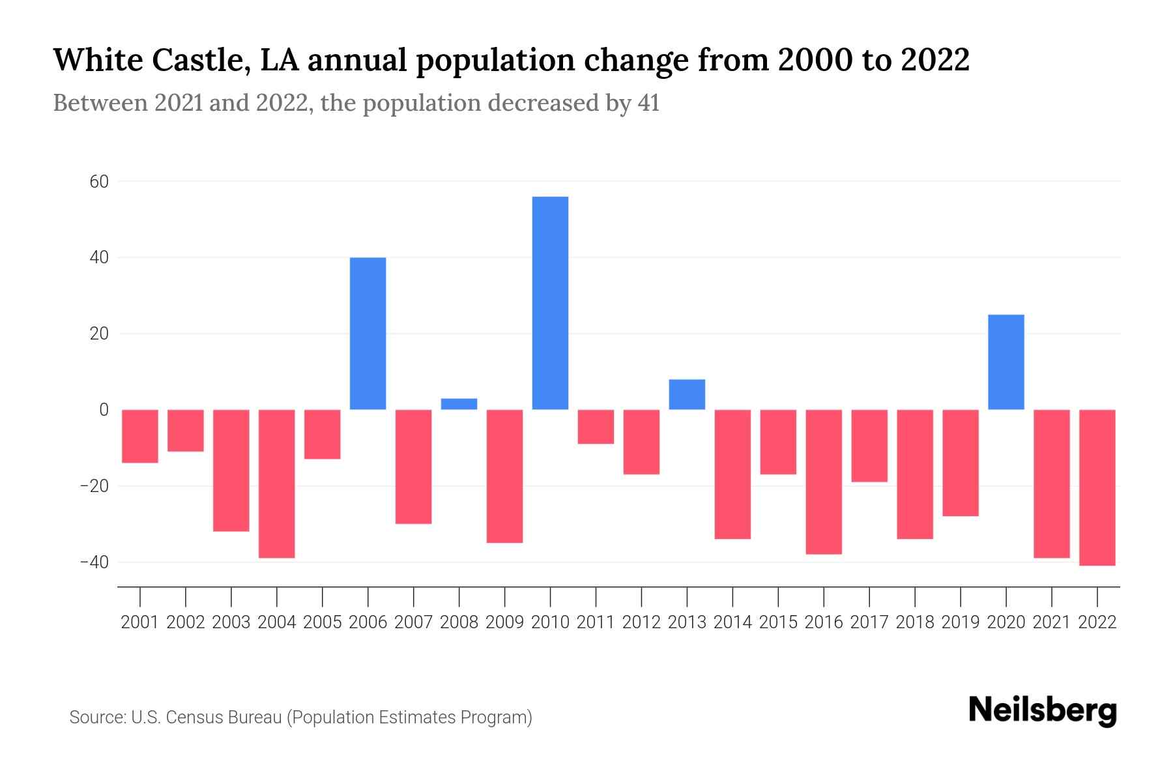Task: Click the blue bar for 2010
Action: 550,303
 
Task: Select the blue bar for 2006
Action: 368,334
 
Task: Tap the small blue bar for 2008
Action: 459,404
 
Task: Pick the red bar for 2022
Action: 1097,487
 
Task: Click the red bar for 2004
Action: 276,484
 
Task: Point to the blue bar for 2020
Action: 1006,362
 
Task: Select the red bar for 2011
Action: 596,427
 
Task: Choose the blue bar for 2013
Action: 687,394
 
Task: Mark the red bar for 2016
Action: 824,482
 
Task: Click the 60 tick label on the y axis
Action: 99,182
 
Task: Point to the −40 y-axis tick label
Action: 94,562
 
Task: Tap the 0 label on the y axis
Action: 104,410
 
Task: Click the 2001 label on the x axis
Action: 140,622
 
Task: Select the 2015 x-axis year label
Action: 778,622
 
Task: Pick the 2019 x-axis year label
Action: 961,622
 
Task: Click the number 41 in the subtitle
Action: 648,104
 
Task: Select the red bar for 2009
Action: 504,476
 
